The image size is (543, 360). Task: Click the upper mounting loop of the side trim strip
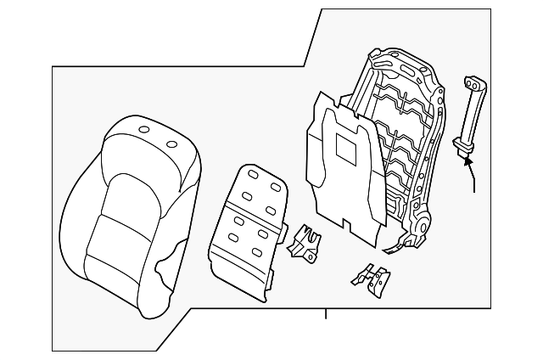(471, 84)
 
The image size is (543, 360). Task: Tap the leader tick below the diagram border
(326, 316)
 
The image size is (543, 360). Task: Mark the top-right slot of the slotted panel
(276, 185)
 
